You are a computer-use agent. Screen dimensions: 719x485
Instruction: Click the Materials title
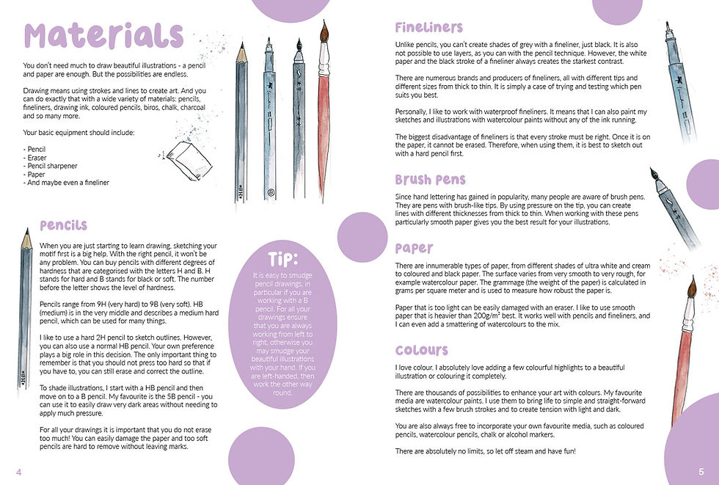point(103,35)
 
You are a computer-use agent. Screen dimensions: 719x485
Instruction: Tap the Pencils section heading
point(63,225)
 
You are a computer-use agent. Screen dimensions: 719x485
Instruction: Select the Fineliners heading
point(428,27)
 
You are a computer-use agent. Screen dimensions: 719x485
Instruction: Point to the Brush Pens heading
point(430,179)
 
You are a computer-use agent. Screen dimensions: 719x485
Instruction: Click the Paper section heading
point(414,248)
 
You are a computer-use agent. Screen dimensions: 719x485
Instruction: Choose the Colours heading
point(421,350)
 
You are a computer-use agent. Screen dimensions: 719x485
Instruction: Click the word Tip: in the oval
point(283,259)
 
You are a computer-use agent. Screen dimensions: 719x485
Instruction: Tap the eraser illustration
point(188,161)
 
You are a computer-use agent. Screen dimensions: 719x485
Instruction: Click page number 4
point(19,472)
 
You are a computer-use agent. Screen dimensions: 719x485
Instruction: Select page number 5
point(701,472)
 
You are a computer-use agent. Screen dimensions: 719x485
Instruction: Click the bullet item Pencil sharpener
point(50,166)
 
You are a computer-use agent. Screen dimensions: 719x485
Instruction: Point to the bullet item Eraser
point(34,158)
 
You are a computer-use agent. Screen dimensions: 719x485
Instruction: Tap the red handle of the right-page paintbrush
point(681,376)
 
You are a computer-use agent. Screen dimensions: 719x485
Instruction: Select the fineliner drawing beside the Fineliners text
point(680,81)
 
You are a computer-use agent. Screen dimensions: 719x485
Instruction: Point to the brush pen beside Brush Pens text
point(674,208)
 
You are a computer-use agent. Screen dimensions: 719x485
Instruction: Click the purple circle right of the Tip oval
point(362,237)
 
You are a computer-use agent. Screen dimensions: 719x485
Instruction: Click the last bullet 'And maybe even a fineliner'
point(66,183)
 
